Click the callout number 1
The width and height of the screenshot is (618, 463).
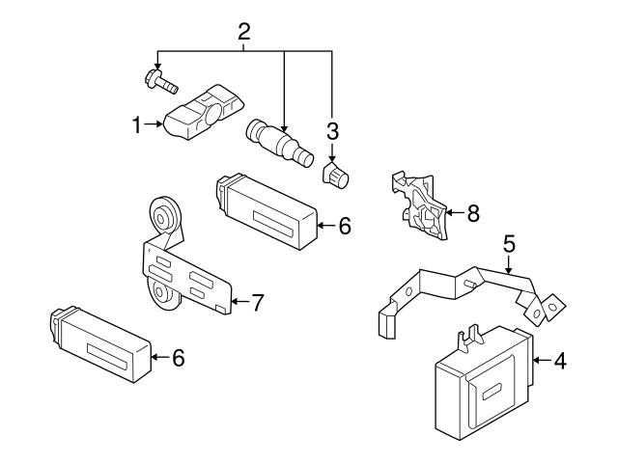137,124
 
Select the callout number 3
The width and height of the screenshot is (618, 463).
333,130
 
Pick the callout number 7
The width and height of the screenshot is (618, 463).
258,302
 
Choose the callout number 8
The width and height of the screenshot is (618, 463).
472,213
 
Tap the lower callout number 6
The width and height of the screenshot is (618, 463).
177,358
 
